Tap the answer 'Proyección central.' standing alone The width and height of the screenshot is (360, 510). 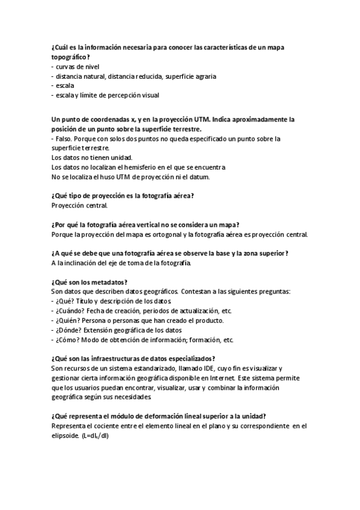pyautogui.click(x=79, y=206)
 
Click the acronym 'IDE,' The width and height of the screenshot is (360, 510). pyautogui.click(x=199, y=369)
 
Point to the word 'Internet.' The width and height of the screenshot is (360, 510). pyautogui.click(x=219, y=378)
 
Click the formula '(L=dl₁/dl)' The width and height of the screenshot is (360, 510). pyautogui.click(x=98, y=436)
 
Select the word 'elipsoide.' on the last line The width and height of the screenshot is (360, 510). pyautogui.click(x=66, y=436)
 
